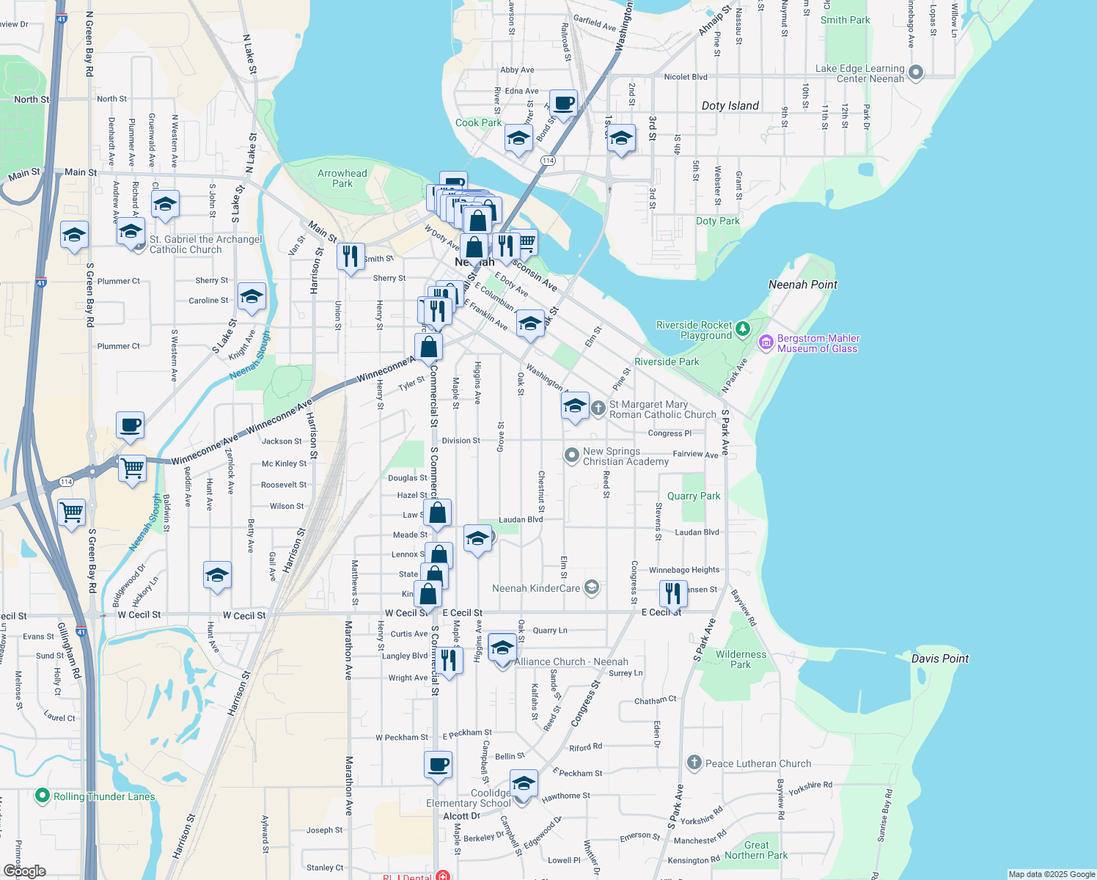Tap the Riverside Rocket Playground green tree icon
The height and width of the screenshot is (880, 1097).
(744, 329)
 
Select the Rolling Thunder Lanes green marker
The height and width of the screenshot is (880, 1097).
(43, 796)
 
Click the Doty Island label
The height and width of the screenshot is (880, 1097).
(730, 106)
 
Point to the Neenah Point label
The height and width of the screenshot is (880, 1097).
(802, 285)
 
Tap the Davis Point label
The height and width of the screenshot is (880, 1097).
(939, 659)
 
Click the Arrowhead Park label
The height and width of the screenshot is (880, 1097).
(342, 178)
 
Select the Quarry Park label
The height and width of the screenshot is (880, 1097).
(693, 496)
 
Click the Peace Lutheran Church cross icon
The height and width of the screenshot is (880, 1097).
(694, 763)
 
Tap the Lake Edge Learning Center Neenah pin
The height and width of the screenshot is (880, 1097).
(915, 72)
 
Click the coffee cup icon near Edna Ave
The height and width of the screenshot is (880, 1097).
(562, 103)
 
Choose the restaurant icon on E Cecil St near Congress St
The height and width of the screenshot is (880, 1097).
(672, 593)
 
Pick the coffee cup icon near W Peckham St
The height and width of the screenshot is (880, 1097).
(438, 765)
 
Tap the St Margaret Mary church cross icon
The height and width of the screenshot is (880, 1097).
(598, 408)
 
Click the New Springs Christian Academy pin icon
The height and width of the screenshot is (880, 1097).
(571, 455)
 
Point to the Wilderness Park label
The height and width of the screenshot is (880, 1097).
(741, 659)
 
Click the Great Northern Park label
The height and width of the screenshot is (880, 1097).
(756, 850)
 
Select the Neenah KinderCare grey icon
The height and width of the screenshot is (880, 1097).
(592, 587)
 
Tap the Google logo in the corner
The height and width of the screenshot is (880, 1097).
(24, 871)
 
